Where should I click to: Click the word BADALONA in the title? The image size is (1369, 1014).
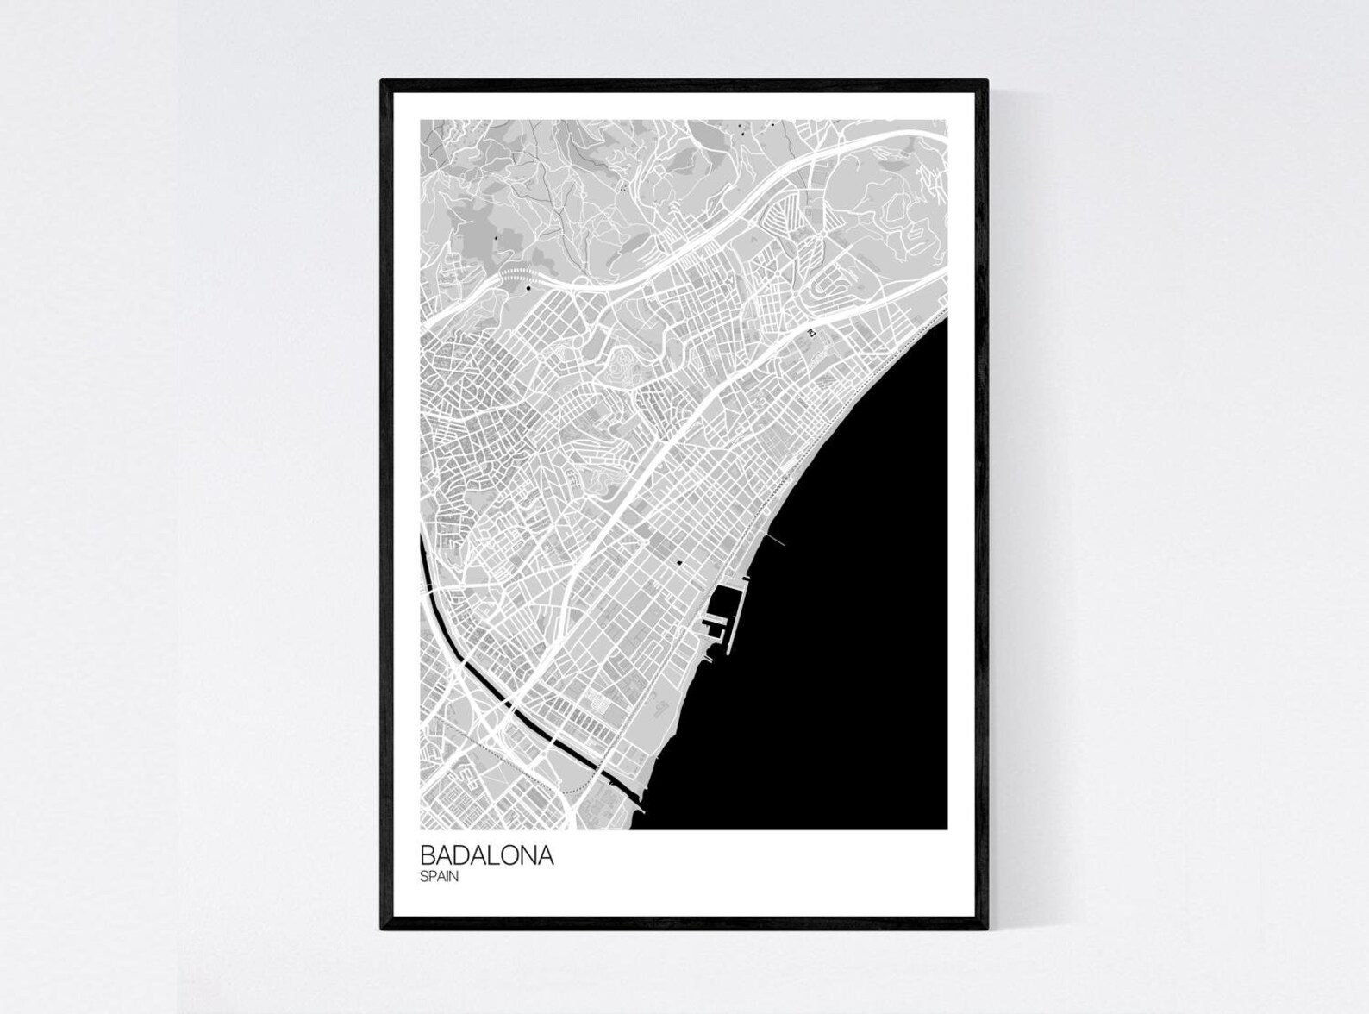(487, 856)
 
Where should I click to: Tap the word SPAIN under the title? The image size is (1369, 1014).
(439, 878)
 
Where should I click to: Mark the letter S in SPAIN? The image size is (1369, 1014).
(424, 878)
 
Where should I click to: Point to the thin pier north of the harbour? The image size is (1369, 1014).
(775, 540)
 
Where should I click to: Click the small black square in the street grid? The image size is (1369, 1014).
(679, 563)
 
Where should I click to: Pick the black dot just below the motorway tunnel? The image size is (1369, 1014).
(528, 289)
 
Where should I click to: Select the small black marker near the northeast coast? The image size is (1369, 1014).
(810, 331)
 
